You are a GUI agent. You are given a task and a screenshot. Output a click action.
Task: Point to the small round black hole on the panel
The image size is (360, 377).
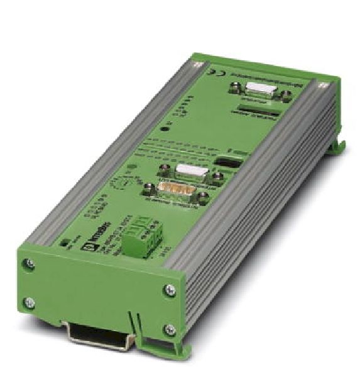point(165,129)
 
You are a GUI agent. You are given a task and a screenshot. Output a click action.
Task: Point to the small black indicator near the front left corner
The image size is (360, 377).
point(63,241)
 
